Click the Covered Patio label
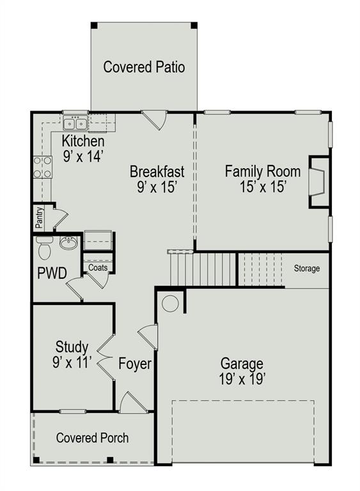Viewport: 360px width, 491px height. [x=144, y=67]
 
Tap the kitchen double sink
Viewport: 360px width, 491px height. [x=75, y=123]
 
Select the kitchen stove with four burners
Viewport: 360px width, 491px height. [x=43, y=167]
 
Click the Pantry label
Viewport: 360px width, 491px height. [x=39, y=217]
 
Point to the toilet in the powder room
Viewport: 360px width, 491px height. [x=45, y=247]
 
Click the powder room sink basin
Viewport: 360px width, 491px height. [x=68, y=243]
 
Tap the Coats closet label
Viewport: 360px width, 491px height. [x=98, y=267]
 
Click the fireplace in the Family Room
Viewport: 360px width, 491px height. [x=319, y=182]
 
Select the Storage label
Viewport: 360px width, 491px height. [x=307, y=269]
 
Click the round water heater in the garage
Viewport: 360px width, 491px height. [x=170, y=303]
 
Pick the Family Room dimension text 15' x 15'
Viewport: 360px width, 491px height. [x=263, y=187]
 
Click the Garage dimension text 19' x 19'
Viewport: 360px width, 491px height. [x=242, y=379]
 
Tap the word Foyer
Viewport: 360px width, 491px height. [x=135, y=364]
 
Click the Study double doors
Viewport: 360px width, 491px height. [x=106, y=357]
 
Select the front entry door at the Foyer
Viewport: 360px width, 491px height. [x=133, y=401]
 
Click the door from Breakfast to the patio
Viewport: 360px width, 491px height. [x=155, y=120]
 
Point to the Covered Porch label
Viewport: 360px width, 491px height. [x=93, y=438]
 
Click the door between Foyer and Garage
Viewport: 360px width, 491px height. [x=148, y=337]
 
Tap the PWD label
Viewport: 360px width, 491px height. [x=52, y=273]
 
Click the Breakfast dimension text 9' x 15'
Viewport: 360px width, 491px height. [x=157, y=187]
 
